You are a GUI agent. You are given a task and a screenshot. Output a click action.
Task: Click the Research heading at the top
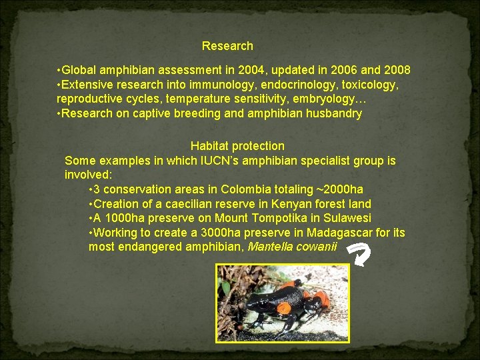227,46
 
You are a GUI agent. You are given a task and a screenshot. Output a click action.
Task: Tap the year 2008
397,70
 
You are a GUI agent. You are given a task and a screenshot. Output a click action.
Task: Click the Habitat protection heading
237,146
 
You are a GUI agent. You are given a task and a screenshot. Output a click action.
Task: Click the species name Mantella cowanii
292,247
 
